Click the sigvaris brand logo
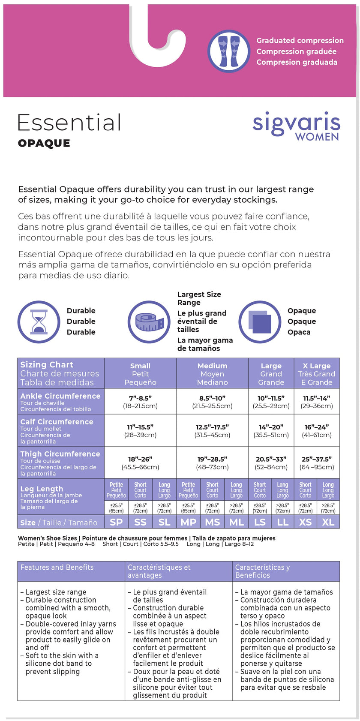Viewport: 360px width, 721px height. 296,126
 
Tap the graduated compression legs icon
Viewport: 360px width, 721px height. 229,51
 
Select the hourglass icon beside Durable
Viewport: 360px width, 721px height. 39,321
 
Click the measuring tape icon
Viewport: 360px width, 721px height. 149,321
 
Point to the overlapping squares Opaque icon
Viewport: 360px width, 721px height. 260,321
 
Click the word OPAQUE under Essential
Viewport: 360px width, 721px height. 44,143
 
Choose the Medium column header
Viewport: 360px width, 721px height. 212,374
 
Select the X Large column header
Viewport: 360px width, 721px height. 317,374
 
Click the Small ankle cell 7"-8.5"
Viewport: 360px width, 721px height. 140,402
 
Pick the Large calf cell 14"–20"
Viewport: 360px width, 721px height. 271,431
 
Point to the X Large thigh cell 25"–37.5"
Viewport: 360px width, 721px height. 317,463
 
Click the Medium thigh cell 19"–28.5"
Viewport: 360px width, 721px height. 212,463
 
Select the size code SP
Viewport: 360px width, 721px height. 116,522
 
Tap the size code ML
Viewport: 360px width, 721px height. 236,522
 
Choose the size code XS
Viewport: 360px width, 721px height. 305,522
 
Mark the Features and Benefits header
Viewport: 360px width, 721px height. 57,567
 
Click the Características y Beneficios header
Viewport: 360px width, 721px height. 262,571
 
